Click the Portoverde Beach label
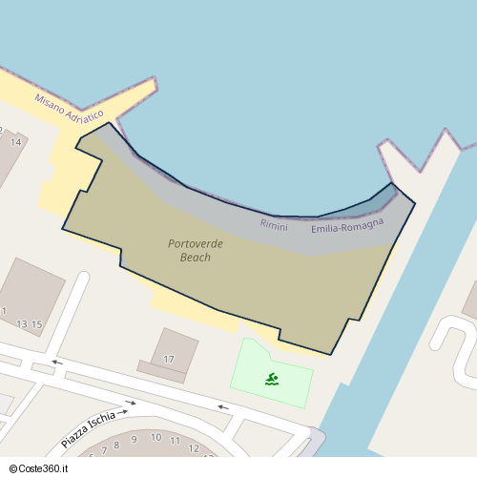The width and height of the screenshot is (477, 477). click(x=196, y=250)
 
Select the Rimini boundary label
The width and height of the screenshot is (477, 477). click(x=274, y=224)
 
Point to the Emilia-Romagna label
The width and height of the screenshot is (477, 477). click(x=347, y=226)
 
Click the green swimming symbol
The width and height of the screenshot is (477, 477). click(x=273, y=379)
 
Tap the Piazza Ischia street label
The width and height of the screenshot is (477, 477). click(x=88, y=429)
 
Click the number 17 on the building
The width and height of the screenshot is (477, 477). click(x=169, y=359)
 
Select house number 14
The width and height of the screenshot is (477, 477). click(x=15, y=142)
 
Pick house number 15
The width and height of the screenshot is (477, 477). click(x=37, y=324)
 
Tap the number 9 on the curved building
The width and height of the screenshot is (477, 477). click(x=134, y=440)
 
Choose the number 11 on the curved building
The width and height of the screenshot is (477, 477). click(x=176, y=441)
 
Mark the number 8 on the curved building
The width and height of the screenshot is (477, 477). click(x=116, y=445)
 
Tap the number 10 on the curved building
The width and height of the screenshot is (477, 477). click(x=156, y=437)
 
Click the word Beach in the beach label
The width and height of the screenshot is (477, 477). click(x=196, y=258)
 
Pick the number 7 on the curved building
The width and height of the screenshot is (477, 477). click(x=104, y=449)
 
